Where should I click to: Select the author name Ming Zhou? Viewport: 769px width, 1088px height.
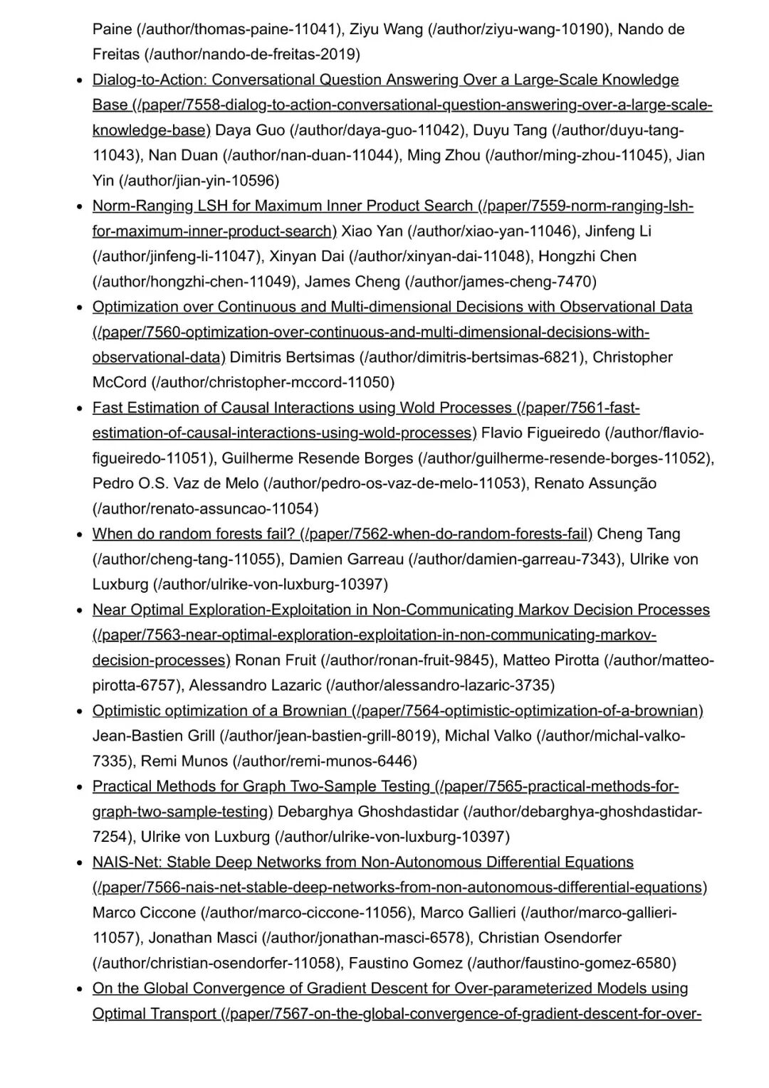pyautogui.click(x=443, y=155)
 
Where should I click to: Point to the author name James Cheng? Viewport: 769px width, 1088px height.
pyautogui.click(x=352, y=281)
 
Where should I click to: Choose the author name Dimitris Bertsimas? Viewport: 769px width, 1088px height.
pyautogui.click(x=292, y=356)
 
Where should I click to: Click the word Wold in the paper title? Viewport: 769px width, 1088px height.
pyautogui.click(x=417, y=407)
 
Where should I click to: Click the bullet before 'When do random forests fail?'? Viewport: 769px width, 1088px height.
pyautogui.click(x=80, y=534)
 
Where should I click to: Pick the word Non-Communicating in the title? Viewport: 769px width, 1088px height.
pyautogui.click(x=442, y=609)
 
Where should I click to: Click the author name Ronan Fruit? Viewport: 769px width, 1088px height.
pyautogui.click(x=276, y=660)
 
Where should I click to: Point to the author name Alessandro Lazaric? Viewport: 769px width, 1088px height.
pyautogui.click(x=255, y=685)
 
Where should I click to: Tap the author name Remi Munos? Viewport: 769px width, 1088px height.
pyautogui.click(x=184, y=761)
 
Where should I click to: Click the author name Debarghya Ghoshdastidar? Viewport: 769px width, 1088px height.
pyautogui.click(x=367, y=811)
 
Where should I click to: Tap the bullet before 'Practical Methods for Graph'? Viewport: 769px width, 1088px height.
pyautogui.click(x=80, y=787)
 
